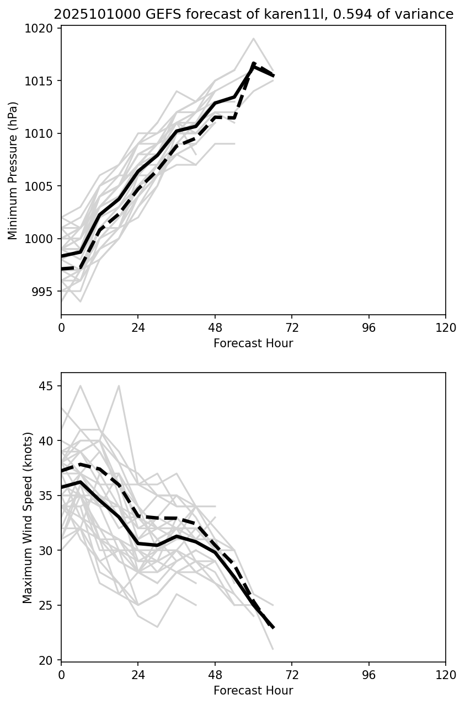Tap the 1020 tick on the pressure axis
coord(43,29)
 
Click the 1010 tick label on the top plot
coord(43,134)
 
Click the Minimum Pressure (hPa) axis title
coord(13,170)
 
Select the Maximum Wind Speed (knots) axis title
coord(28,517)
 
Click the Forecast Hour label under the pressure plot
coord(253,343)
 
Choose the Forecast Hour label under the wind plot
coord(253,690)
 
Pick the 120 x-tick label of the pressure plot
coord(445,328)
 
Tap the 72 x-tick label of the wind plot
coord(292,675)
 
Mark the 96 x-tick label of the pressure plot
coord(368,328)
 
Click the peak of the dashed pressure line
coord(253,63)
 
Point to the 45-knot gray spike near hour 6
coord(81,386)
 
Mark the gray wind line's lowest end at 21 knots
coord(273,649)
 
